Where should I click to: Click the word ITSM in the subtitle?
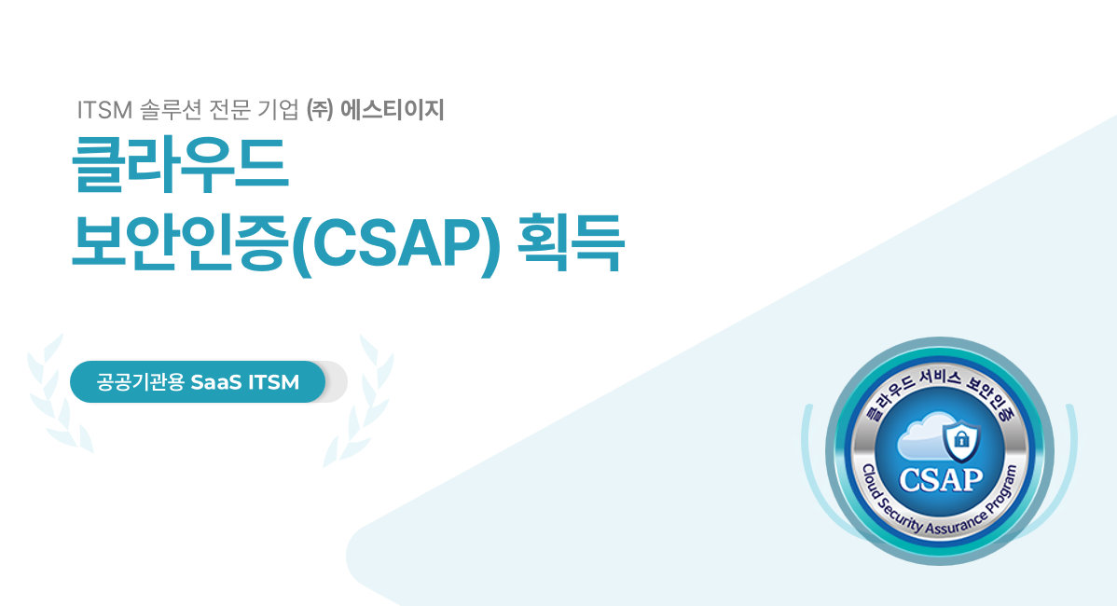(x=104, y=110)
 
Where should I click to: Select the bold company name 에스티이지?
(x=393, y=110)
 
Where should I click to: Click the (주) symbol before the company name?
(x=319, y=110)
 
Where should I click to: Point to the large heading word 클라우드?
(x=180, y=164)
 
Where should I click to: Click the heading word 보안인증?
(x=179, y=241)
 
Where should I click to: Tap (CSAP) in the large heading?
(x=397, y=242)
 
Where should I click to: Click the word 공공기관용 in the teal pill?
(x=141, y=382)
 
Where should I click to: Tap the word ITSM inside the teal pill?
(x=273, y=382)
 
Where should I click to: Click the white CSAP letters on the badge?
(x=941, y=480)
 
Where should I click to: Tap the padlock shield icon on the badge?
(x=961, y=440)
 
